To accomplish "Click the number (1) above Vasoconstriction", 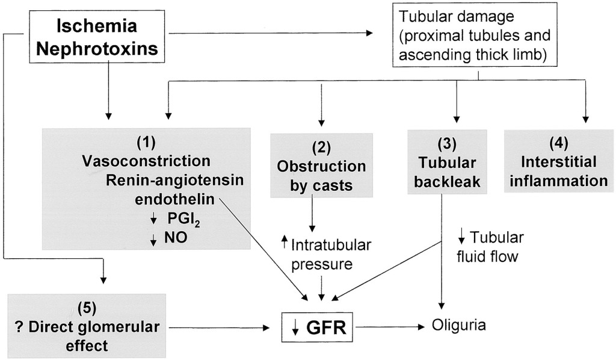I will (146, 144).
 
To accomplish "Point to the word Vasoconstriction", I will (146, 161).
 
